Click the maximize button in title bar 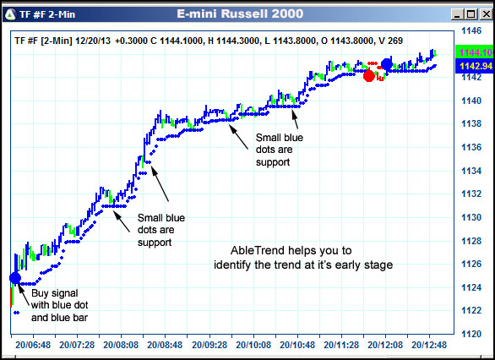click(x=467, y=14)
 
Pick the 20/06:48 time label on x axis click(x=31, y=345)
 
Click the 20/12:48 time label click(x=430, y=345)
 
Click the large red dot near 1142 click(x=368, y=75)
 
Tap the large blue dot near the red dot click(x=387, y=63)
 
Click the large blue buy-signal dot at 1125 click(x=14, y=277)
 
